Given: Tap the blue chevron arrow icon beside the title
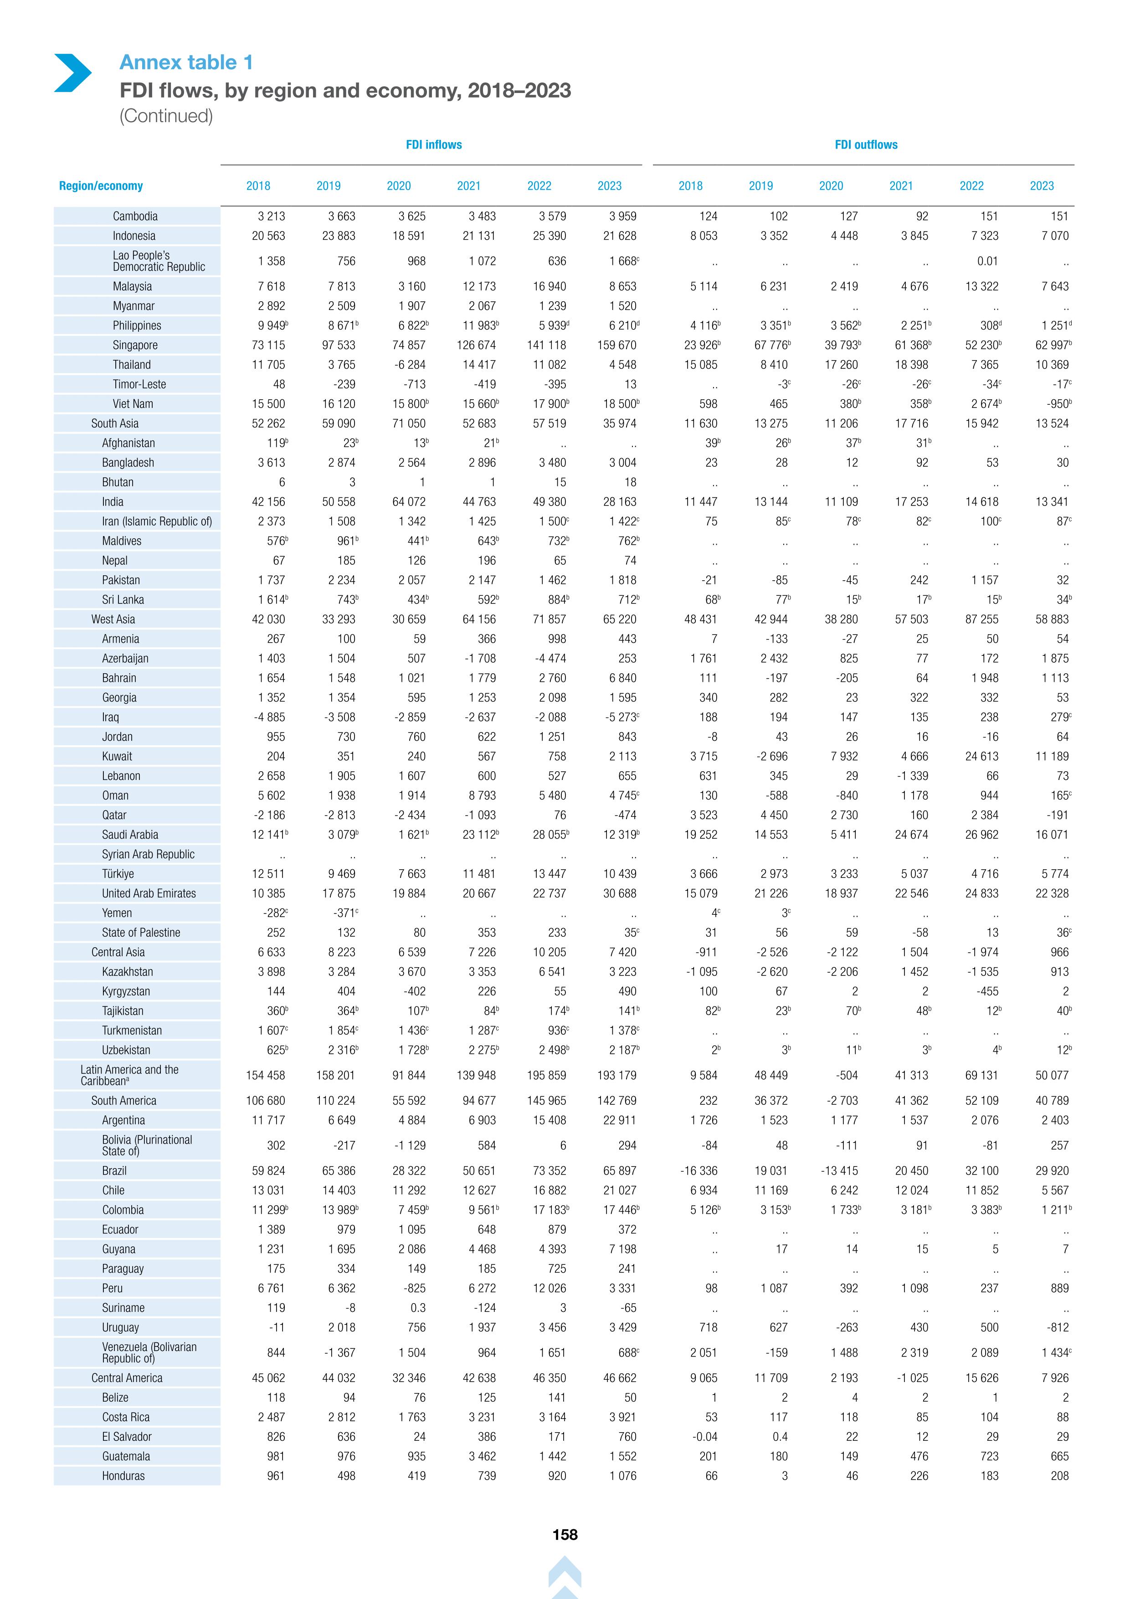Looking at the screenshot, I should tap(72, 72).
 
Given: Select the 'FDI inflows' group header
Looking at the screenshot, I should tap(434, 145).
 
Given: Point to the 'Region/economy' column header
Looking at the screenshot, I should tap(101, 186).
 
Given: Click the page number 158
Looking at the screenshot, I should tap(565, 1534).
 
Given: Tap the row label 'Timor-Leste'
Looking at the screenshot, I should tap(139, 384).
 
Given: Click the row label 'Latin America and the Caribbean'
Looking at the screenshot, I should tap(129, 1075).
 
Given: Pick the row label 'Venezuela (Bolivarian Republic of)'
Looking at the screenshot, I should tap(149, 1352).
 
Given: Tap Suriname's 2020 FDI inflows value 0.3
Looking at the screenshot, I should tap(418, 1308).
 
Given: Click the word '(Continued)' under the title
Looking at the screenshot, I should tap(166, 116).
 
